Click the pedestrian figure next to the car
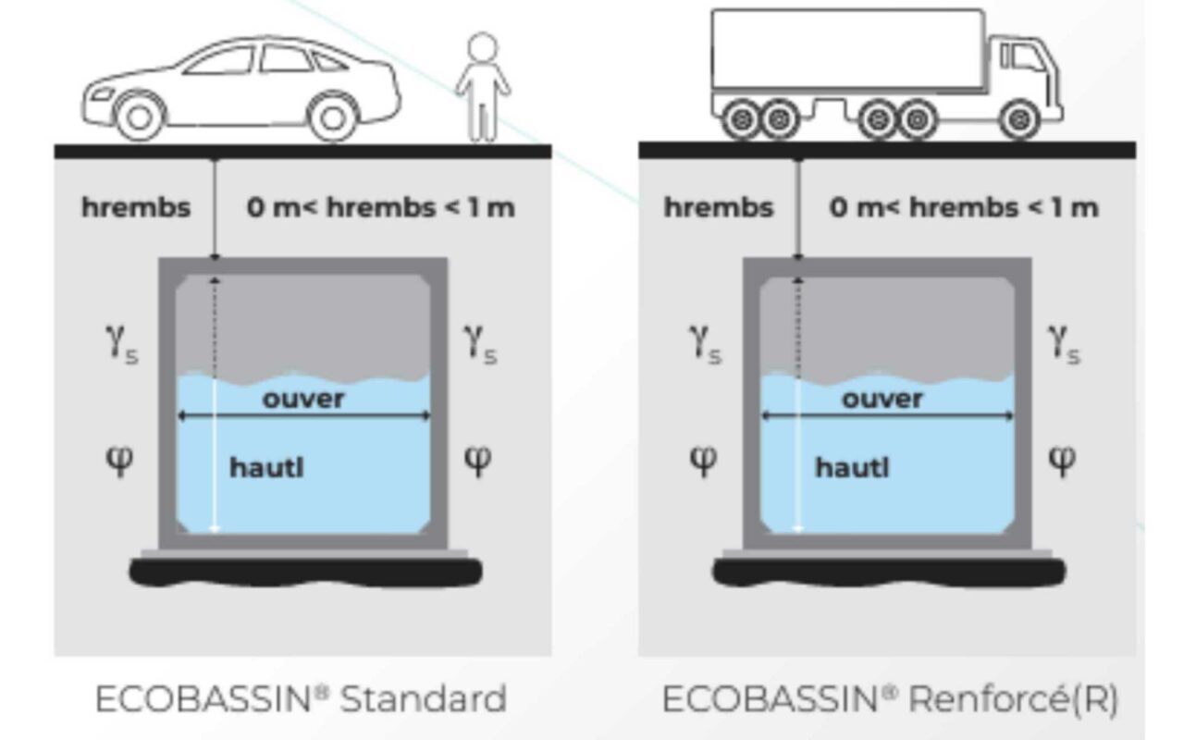tap(482, 88)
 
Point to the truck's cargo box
tap(846, 51)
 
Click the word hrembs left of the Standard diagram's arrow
tap(136, 207)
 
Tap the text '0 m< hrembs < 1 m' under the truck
tap(963, 207)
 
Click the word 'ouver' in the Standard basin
tap(303, 399)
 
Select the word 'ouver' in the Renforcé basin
tap(882, 399)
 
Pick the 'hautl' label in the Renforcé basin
tap(851, 468)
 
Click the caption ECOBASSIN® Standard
tap(302, 698)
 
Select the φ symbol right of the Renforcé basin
tap(1063, 457)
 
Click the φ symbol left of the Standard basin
tap(121, 457)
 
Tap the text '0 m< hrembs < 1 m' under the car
tap(380, 207)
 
